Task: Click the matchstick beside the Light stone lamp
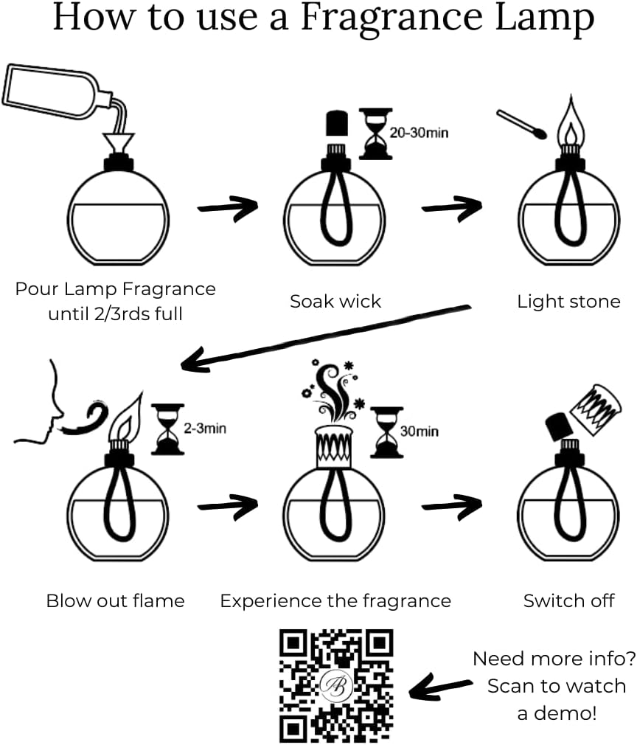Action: [521, 123]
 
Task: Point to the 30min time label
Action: [420, 431]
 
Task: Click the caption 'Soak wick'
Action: [335, 301]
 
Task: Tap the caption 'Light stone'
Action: [568, 301]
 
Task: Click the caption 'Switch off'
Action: [568, 600]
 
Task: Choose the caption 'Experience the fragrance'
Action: [335, 600]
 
